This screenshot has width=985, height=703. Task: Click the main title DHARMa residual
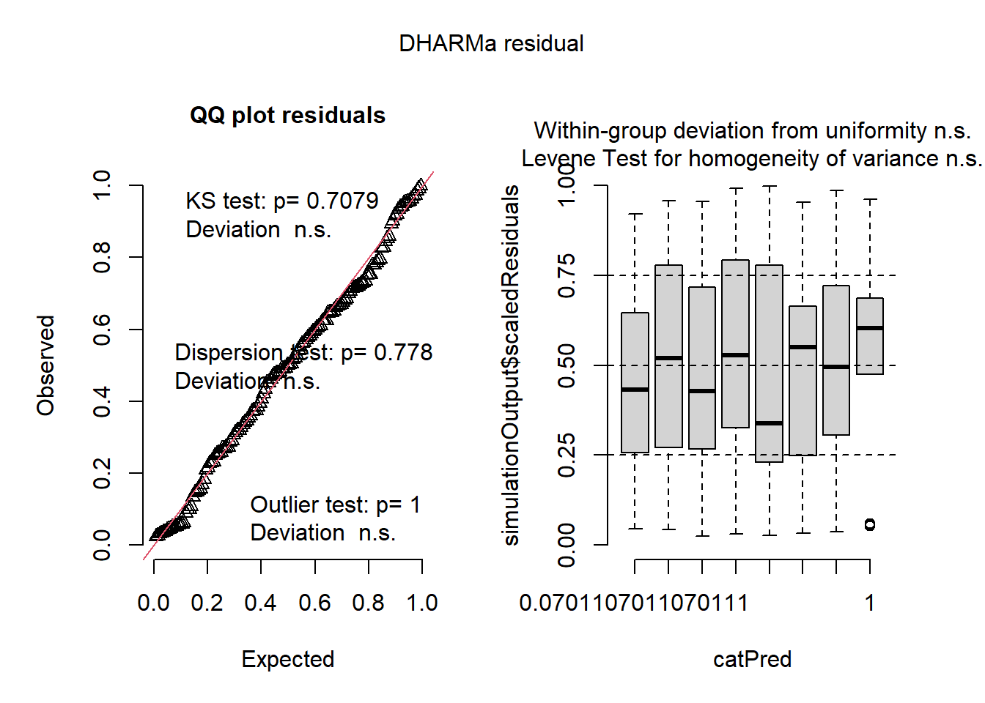(x=491, y=44)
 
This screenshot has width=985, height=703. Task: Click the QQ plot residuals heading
(x=287, y=116)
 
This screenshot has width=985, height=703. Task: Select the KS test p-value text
(x=282, y=201)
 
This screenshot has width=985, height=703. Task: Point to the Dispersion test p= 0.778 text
(x=303, y=352)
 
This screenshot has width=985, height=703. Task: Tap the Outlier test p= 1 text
(x=336, y=505)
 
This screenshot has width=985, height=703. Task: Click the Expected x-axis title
(x=287, y=659)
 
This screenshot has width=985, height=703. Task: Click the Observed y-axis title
(x=46, y=365)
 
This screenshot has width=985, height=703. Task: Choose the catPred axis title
(x=752, y=659)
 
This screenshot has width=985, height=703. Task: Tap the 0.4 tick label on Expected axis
(x=260, y=603)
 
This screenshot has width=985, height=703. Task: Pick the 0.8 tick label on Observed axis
(x=102, y=258)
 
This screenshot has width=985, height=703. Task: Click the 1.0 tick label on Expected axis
(x=422, y=603)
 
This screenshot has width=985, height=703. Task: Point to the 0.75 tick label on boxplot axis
(x=567, y=275)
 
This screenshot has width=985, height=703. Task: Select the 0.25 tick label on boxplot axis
(x=567, y=455)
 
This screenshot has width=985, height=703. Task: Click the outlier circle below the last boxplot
(x=870, y=524)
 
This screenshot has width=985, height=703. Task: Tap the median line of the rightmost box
(x=870, y=328)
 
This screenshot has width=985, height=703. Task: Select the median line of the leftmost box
(x=635, y=390)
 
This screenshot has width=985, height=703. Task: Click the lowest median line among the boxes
(x=769, y=423)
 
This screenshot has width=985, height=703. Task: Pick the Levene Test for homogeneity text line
(x=752, y=159)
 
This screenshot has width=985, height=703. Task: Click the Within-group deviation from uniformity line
(x=752, y=131)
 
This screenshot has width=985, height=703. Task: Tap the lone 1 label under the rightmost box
(x=870, y=603)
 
